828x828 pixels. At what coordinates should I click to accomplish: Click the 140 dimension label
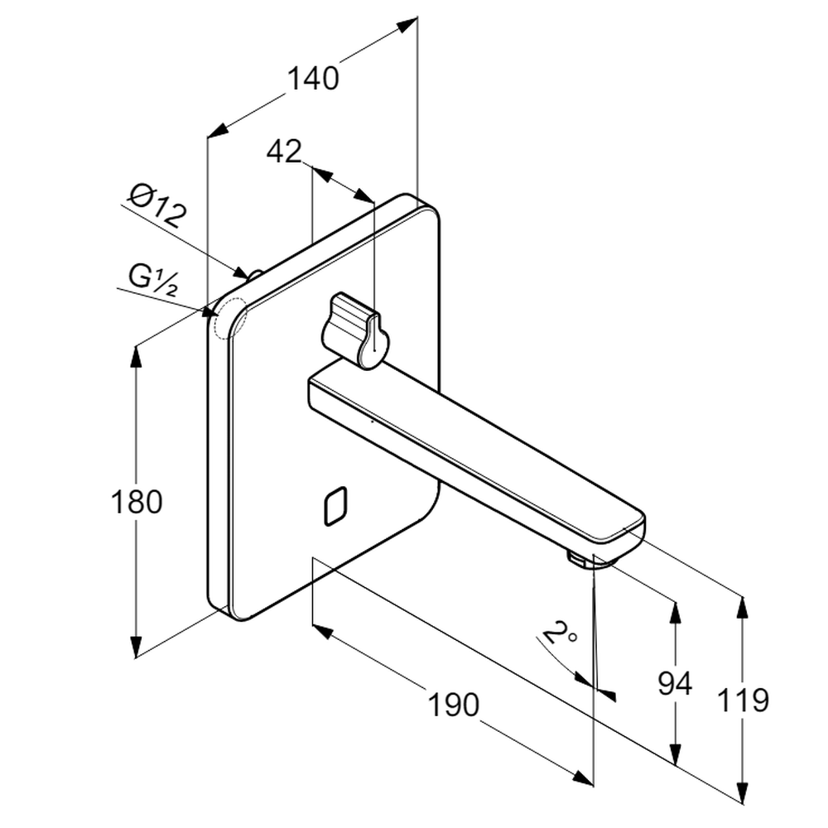[x=313, y=78]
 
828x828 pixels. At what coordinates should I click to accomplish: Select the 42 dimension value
[x=284, y=152]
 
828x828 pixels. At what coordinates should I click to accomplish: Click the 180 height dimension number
[x=137, y=502]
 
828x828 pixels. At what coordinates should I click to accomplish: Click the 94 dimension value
[x=674, y=684]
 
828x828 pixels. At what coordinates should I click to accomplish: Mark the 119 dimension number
[x=743, y=700]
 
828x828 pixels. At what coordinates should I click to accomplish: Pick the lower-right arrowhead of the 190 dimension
[x=584, y=777]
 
